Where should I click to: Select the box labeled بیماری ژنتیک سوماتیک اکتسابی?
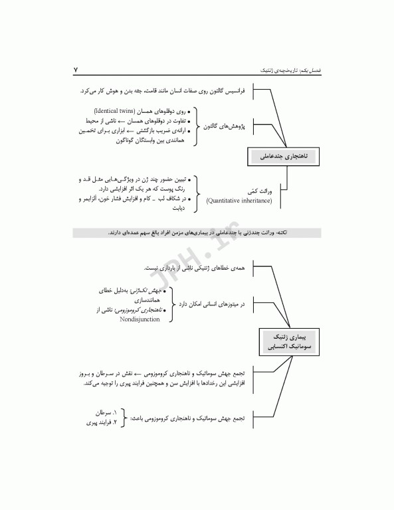click(287, 342)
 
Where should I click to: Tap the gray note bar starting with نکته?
click(196, 232)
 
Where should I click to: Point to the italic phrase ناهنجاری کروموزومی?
click(145, 309)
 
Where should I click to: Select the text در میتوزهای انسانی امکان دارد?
click(214, 304)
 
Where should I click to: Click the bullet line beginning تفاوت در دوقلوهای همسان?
click(141, 122)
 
